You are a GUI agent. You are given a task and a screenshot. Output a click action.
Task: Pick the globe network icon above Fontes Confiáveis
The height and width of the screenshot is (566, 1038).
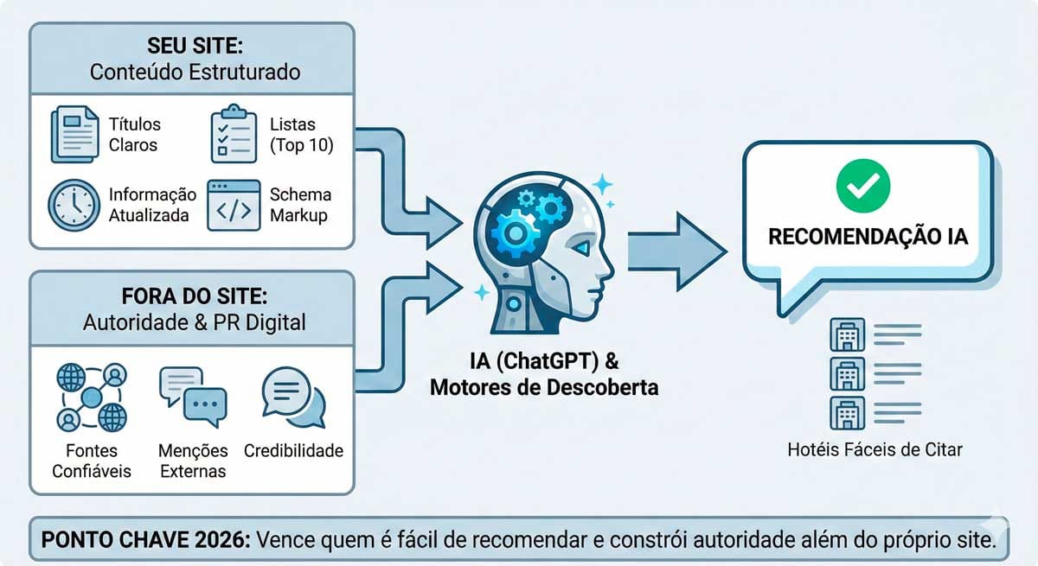click(91, 397)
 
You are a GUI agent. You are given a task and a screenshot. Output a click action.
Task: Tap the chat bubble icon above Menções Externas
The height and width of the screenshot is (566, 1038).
click(192, 397)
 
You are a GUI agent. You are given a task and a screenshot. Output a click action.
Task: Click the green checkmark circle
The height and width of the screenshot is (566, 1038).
click(862, 185)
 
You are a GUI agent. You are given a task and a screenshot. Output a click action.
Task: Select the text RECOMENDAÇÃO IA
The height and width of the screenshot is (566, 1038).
click(862, 236)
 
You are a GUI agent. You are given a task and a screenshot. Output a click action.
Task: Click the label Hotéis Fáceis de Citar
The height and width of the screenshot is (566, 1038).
click(875, 449)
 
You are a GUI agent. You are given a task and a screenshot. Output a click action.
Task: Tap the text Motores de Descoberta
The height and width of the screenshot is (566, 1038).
click(544, 387)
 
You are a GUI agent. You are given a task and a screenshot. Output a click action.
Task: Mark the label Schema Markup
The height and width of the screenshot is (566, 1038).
click(299, 205)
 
